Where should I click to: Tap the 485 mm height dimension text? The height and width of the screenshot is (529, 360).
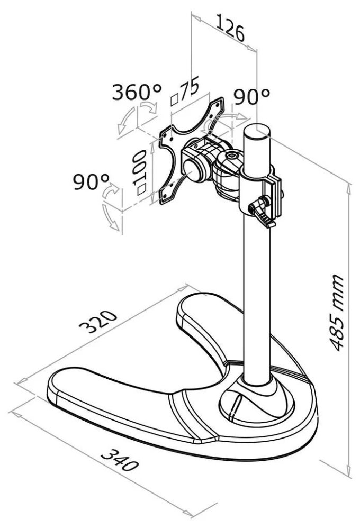point(337,313)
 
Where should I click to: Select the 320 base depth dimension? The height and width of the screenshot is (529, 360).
point(97,321)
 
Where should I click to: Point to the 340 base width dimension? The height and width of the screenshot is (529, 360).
point(120,460)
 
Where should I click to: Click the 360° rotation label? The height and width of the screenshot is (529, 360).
point(137,92)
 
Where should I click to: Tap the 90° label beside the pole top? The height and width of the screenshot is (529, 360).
point(252,97)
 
